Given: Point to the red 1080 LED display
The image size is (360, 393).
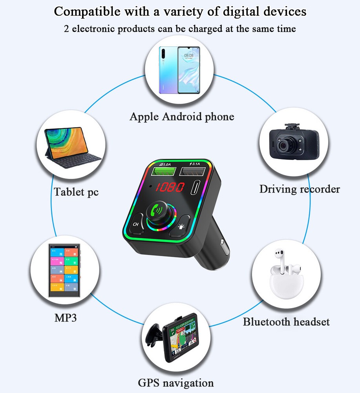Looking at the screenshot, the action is (x=169, y=187).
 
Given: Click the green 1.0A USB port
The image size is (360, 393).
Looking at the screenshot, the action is (x=162, y=171).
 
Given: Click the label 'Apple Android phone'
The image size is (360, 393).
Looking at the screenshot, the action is (x=182, y=117).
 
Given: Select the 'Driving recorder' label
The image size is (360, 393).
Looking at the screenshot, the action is (x=299, y=189).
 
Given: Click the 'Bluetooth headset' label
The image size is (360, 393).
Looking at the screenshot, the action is (x=286, y=322).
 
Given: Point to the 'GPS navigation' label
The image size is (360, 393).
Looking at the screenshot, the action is (x=176, y=383).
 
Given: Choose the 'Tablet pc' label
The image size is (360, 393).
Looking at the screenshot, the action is (x=76, y=192).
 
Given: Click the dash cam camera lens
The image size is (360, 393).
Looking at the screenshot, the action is (x=283, y=145).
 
